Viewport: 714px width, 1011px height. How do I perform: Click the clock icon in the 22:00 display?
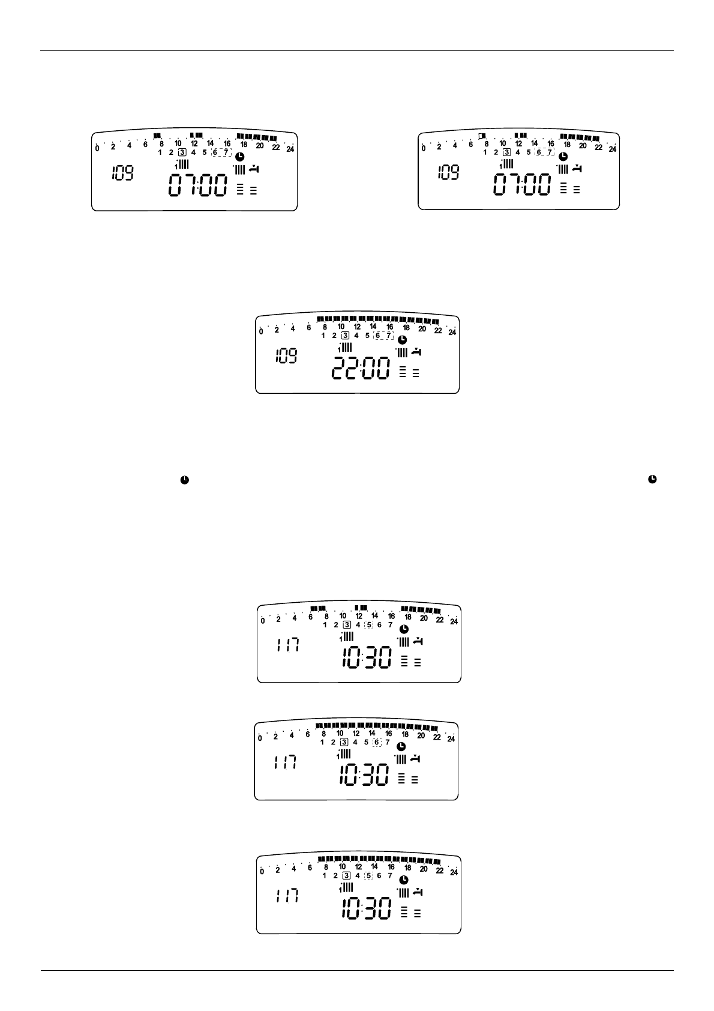(x=402, y=340)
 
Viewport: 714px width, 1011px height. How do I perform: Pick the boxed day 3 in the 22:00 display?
(x=345, y=336)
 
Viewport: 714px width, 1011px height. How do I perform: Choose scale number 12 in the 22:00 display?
(x=357, y=327)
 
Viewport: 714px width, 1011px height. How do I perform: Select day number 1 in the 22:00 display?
(x=323, y=336)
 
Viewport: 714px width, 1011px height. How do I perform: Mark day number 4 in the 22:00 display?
(x=356, y=336)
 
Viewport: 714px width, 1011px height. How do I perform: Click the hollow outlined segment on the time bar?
(x=482, y=136)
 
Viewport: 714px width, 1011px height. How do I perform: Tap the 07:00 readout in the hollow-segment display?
(x=521, y=184)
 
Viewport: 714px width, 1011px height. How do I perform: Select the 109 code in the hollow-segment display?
(x=449, y=174)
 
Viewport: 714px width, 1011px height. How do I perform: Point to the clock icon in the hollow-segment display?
(x=563, y=156)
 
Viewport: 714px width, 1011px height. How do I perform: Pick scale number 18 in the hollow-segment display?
(x=567, y=144)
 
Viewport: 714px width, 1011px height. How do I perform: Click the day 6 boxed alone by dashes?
(x=376, y=743)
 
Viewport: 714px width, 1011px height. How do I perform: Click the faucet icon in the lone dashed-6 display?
(x=415, y=759)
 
